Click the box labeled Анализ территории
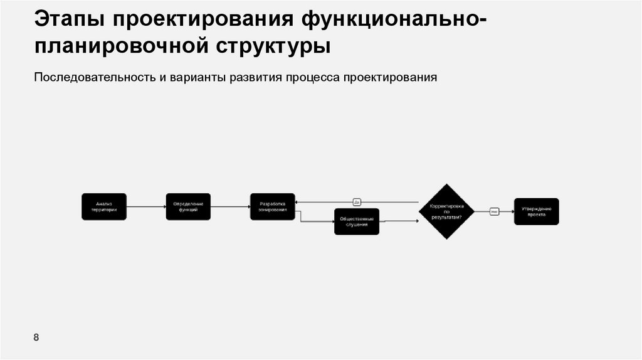coord(104,206)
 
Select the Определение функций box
coord(188,206)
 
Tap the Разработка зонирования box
coord(272,206)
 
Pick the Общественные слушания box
coord(357,221)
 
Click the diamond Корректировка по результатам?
coord(446,211)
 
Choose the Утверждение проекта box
coord(536,211)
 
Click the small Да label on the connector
coord(357,202)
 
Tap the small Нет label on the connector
coord(494,211)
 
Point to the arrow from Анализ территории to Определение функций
coord(146,206)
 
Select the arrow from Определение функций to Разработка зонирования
coord(230,206)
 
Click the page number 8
coord(36,338)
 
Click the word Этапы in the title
coord(69,19)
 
